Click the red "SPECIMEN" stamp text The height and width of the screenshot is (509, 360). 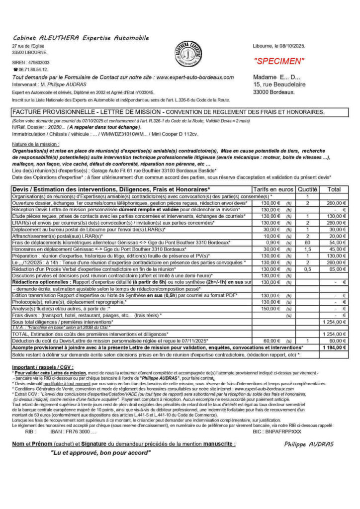[279, 62]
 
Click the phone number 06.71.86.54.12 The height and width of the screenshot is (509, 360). [33, 70]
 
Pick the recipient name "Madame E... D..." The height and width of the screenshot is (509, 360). [277, 78]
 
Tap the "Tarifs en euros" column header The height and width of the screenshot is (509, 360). [273, 189]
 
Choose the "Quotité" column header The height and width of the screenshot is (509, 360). [308, 189]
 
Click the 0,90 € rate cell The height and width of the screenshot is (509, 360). [271, 242]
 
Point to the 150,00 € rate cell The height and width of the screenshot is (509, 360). [271, 309]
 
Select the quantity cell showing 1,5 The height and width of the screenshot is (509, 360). [308, 249]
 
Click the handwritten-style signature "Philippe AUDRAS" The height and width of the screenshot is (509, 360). [309, 444]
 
